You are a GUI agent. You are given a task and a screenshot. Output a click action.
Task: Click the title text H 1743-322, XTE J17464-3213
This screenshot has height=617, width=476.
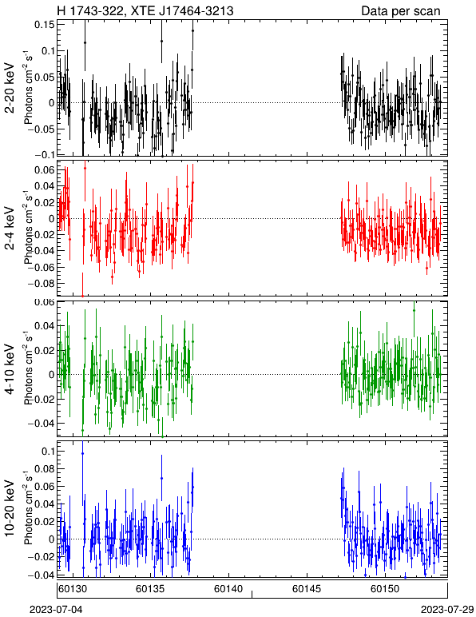(x=145, y=10)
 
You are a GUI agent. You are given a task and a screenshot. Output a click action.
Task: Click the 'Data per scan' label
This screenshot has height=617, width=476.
(x=401, y=10)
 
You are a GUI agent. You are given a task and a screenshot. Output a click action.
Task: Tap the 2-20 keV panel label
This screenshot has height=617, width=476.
(x=10, y=88)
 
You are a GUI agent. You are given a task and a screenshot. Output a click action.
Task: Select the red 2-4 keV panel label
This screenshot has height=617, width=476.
(x=10, y=229)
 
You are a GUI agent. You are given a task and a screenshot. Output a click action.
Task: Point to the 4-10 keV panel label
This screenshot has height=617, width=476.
(x=10, y=369)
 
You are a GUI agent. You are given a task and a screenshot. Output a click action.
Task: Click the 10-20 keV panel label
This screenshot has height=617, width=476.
(x=10, y=508)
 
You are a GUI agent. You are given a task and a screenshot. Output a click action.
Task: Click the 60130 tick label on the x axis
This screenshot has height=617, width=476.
(x=73, y=589)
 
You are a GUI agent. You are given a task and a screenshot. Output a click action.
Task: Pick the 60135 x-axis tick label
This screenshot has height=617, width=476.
(x=150, y=589)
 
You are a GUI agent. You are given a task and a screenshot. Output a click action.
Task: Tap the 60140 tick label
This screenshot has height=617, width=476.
(x=228, y=589)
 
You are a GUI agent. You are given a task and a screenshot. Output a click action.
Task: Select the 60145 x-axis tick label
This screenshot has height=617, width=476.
(x=307, y=589)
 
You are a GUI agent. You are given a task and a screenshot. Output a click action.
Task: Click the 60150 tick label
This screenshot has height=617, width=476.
(x=385, y=589)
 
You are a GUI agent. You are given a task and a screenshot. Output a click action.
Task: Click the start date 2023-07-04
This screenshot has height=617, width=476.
(x=56, y=610)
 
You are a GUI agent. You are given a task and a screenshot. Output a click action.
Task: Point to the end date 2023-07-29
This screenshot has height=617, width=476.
(x=447, y=610)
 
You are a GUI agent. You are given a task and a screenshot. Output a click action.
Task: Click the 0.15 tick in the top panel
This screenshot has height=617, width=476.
(x=45, y=25)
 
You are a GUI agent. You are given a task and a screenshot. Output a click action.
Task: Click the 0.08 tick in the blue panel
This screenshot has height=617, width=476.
(x=45, y=469)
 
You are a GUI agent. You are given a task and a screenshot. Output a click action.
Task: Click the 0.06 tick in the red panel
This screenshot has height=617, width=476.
(x=45, y=169)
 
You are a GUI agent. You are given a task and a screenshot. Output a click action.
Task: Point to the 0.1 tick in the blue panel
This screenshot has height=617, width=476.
(x=48, y=452)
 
